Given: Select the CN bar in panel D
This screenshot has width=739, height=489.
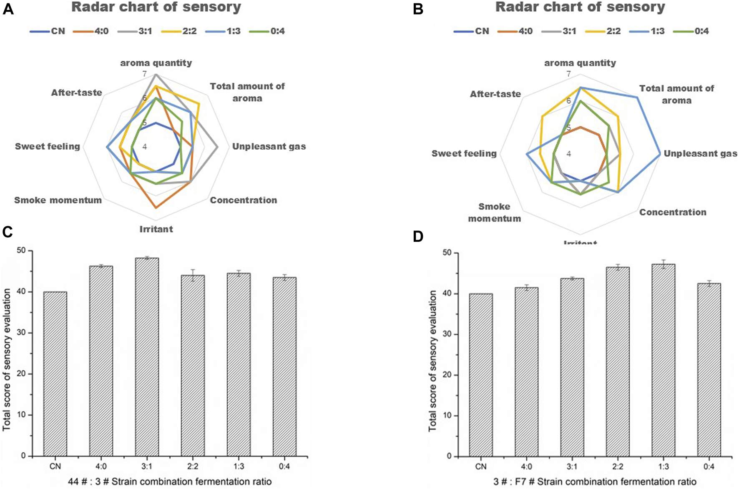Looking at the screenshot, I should tap(480, 375).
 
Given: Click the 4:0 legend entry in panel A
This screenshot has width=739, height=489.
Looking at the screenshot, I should tap(91, 31).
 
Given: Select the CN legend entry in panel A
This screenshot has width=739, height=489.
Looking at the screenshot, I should tap(48, 31).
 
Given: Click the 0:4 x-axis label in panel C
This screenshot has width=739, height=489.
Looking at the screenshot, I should tap(284, 466).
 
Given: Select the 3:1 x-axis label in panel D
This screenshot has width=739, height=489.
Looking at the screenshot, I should tap(572, 466).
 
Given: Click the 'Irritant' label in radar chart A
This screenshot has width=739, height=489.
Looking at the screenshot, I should tap(156, 229).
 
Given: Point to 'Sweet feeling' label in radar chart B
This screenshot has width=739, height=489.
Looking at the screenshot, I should tap(464, 153).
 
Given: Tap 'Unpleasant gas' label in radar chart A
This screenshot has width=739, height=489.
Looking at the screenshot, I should tap(269, 146).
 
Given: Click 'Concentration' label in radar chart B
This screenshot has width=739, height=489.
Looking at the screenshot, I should tap(673, 212).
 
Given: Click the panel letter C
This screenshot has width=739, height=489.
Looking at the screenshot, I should tap(8, 232).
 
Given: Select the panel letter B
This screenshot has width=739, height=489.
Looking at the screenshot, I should tap(418, 9).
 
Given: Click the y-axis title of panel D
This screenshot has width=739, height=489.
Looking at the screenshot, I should tap(432, 361).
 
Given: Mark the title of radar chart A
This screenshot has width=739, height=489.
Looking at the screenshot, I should tap(156, 7).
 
